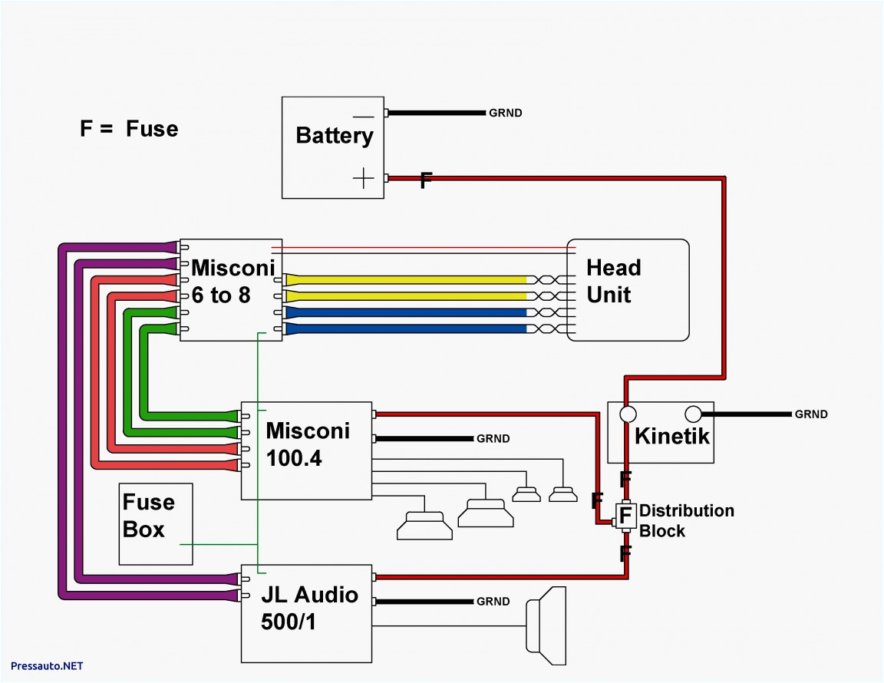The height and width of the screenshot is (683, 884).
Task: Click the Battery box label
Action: pyautogui.click(x=334, y=136)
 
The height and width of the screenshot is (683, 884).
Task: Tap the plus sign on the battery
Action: pyautogui.click(x=363, y=179)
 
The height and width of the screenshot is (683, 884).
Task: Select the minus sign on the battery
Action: pyautogui.click(x=364, y=117)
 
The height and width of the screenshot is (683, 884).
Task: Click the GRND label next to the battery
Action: pyautogui.click(x=505, y=113)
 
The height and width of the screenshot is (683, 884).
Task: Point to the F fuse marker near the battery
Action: pyautogui.click(x=426, y=181)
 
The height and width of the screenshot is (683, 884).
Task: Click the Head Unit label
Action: pyautogui.click(x=613, y=281)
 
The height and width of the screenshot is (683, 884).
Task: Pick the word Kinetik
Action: pyautogui.click(x=672, y=437)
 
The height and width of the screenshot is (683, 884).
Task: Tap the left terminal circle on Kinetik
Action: pyautogui.click(x=628, y=414)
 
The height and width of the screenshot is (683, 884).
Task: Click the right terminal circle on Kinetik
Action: pyautogui.click(x=693, y=414)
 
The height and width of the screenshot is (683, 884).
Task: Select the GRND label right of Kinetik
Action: pyautogui.click(x=811, y=414)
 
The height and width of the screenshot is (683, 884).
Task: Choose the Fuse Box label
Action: pyautogui.click(x=148, y=515)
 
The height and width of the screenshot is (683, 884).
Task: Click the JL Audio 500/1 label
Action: pyautogui.click(x=309, y=608)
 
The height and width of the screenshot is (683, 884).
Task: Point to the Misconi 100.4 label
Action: pyautogui.click(x=307, y=444)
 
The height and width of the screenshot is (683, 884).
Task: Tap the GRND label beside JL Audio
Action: pyautogui.click(x=493, y=602)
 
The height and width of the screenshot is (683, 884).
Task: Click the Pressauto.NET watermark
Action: pyautogui.click(x=48, y=666)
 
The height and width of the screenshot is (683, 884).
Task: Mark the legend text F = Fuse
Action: pyautogui.click(x=129, y=128)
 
